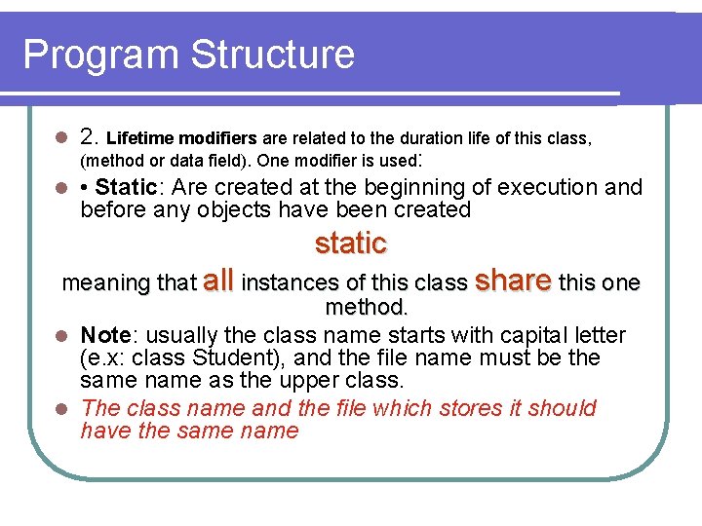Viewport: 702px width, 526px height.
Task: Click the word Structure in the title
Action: pos(273,55)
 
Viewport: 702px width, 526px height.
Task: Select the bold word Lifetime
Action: pos(145,138)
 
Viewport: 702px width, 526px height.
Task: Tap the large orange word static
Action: pos(351,244)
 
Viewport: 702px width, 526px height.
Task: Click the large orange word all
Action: pos(218,282)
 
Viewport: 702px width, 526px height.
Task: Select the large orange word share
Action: pos(513,281)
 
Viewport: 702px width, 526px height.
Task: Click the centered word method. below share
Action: pos(367,308)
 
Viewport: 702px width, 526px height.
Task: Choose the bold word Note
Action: pos(105,335)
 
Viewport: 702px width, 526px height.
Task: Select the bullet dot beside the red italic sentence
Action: pos(59,408)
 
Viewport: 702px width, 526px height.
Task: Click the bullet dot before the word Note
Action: pos(59,336)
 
